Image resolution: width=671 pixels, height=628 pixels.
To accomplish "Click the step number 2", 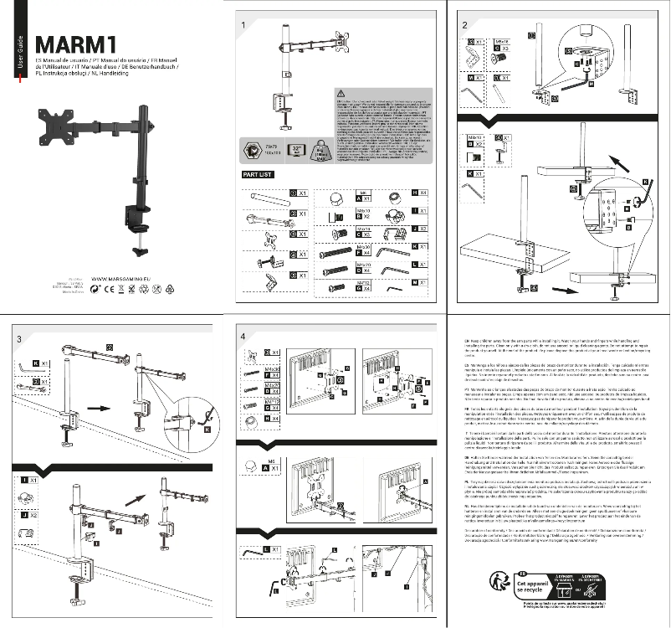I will [x=464, y=25].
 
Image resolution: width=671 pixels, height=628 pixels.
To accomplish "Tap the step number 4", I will [x=242, y=337].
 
